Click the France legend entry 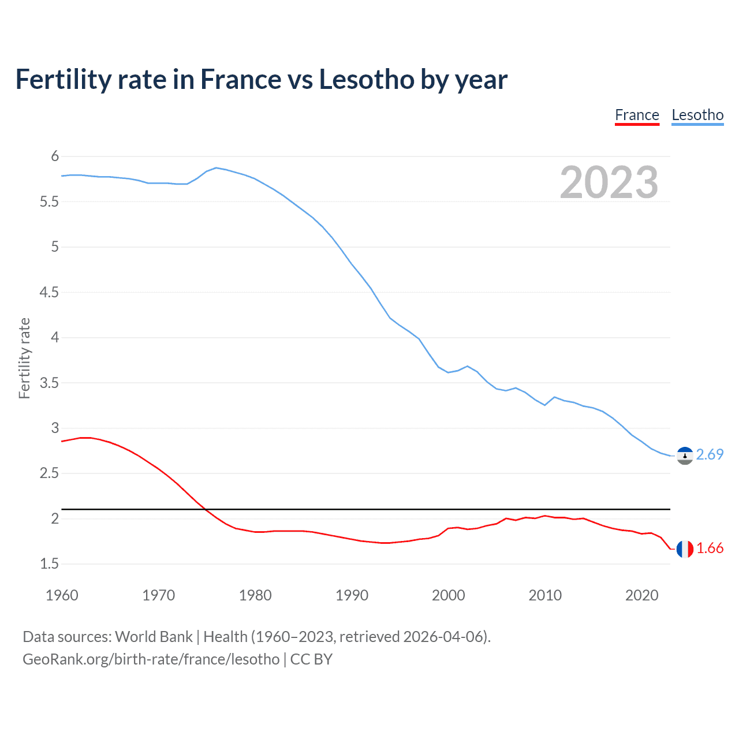point(637,115)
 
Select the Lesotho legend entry point(697,115)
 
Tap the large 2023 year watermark point(609,182)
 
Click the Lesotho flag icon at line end point(685,456)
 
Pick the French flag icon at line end point(685,549)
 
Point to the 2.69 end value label point(710,455)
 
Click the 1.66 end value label point(710,548)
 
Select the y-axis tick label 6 point(55,156)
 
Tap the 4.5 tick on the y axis point(49,293)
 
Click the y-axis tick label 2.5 point(49,473)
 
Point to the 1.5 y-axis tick point(49,564)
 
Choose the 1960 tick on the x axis point(62,595)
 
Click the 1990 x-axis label point(352,595)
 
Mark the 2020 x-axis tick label point(641,595)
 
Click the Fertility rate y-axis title point(24,358)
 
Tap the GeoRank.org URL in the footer point(151,659)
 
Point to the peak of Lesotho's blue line point(216,168)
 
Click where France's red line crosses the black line point(206,509)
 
